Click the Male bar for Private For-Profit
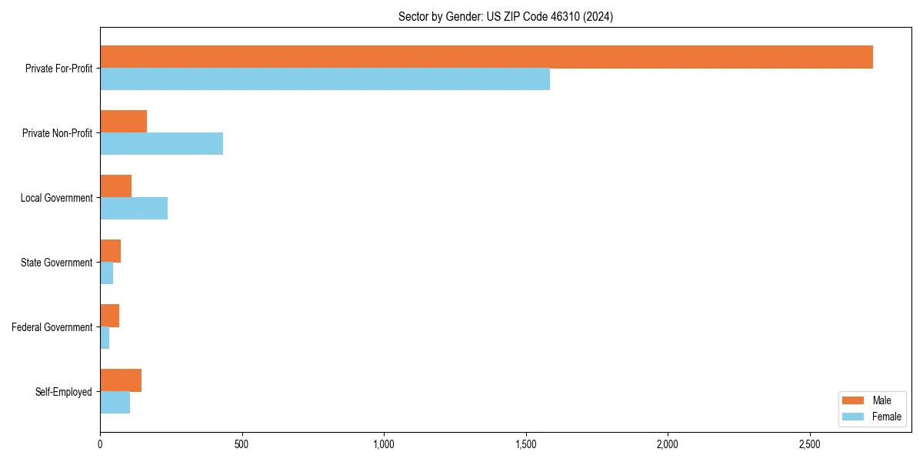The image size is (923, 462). tap(486, 57)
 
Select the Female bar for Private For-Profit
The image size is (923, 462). tap(325, 79)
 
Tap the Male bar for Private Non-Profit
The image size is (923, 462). tap(123, 122)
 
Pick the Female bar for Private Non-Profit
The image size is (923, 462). tap(162, 144)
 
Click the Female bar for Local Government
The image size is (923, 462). tap(134, 209)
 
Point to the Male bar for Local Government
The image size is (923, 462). tap(115, 186)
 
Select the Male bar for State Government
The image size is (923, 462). tap(110, 251)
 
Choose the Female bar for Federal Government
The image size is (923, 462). tap(105, 338)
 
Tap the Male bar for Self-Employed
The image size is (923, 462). tap(121, 380)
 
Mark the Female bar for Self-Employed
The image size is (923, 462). tap(115, 403)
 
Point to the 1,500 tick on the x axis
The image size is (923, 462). tap(526, 444)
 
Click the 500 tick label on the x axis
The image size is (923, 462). tap(242, 444)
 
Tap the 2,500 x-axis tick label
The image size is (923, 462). tap(810, 444)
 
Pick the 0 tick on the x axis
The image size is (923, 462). tap(100, 444)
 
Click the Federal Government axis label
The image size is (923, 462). tap(52, 327)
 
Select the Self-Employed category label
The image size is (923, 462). tap(64, 392)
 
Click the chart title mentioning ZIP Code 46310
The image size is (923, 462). tap(505, 16)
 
